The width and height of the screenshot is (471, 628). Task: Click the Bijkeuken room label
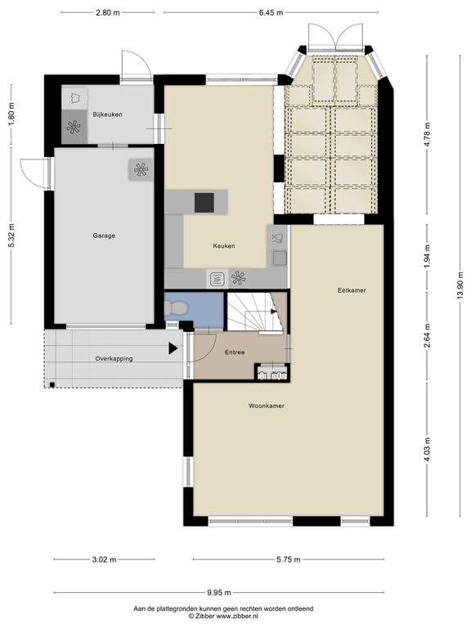(x=107, y=114)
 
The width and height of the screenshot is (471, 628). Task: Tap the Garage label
(x=104, y=235)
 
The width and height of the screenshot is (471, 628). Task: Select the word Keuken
(x=224, y=246)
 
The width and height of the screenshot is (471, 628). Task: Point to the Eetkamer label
(x=352, y=290)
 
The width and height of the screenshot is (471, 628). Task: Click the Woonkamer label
(x=267, y=406)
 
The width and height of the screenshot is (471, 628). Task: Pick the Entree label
(x=235, y=352)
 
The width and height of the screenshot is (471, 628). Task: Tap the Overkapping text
(x=114, y=359)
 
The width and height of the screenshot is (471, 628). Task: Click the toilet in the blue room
(x=176, y=308)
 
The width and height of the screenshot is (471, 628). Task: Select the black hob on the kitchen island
(x=204, y=202)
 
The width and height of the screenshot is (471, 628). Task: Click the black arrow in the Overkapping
(x=173, y=348)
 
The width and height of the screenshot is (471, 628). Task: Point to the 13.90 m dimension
(x=460, y=285)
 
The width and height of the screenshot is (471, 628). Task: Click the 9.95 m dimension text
(x=218, y=593)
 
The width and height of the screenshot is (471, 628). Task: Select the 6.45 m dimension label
(x=271, y=12)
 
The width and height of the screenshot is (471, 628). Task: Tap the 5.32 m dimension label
(x=11, y=235)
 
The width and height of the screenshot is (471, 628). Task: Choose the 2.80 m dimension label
(x=108, y=12)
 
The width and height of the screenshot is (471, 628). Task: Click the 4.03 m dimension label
(x=428, y=449)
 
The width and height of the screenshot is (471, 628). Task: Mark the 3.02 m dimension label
(x=104, y=559)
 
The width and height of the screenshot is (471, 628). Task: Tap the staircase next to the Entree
(x=255, y=312)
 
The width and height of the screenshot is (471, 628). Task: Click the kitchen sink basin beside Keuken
(x=279, y=258)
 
